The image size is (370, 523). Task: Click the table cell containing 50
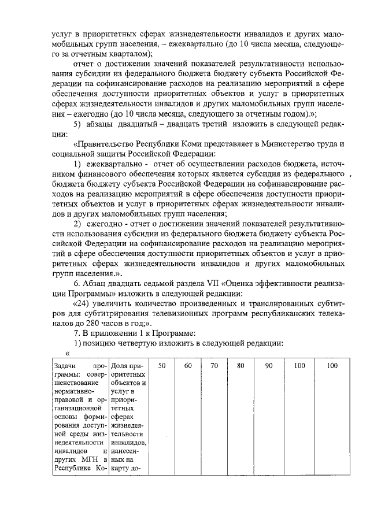click(x=162, y=366)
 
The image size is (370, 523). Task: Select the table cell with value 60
click(x=188, y=366)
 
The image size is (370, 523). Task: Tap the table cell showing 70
click(x=214, y=366)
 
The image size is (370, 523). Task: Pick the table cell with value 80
click(x=240, y=366)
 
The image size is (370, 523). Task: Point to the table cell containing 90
click(x=268, y=366)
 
